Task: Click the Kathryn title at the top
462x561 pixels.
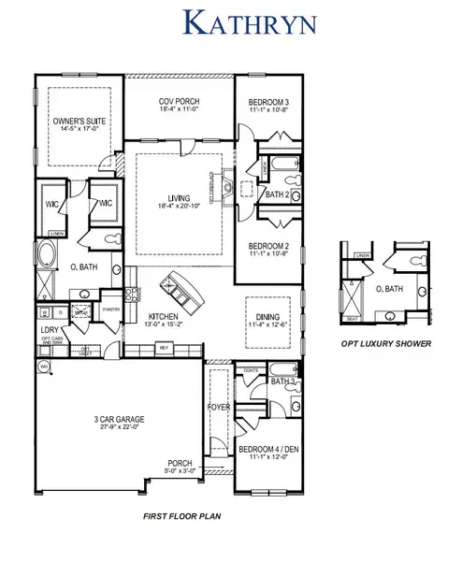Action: [x=231, y=22]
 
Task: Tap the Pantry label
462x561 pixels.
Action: [x=110, y=306]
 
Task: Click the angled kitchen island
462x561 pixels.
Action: [x=181, y=289]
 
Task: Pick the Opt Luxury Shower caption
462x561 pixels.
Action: [x=387, y=344]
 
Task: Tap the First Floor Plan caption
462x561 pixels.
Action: [x=183, y=516]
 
